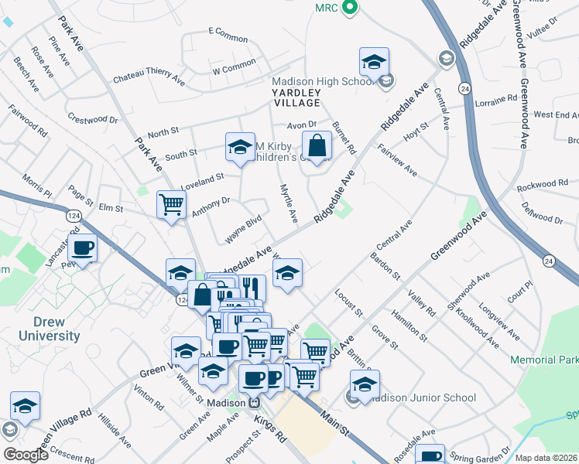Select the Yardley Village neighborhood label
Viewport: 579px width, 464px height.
click(296, 97)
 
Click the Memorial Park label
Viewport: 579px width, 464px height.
click(543, 360)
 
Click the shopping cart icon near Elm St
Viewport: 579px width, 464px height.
click(171, 205)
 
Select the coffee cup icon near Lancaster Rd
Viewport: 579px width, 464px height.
click(82, 248)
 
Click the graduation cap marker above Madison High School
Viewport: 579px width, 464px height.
click(374, 62)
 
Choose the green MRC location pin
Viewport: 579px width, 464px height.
click(349, 9)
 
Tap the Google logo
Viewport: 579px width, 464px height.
click(25, 455)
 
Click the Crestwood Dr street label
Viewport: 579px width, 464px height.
click(92, 120)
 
